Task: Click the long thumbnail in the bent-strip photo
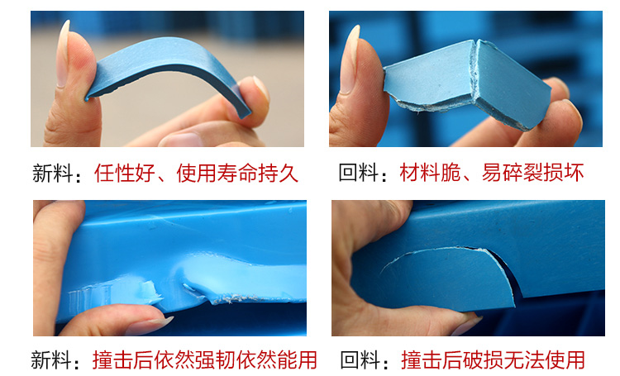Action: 63,54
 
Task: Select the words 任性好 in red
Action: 125,174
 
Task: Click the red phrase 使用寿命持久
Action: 237,174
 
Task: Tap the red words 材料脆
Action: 430,173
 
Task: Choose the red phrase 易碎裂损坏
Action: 532,173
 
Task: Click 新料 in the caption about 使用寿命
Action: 53,174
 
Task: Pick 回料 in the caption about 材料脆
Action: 359,173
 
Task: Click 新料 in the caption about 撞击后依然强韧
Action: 51,359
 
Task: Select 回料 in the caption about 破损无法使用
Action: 360,359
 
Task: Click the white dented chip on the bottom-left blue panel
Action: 150,291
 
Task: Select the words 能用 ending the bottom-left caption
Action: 297,359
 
